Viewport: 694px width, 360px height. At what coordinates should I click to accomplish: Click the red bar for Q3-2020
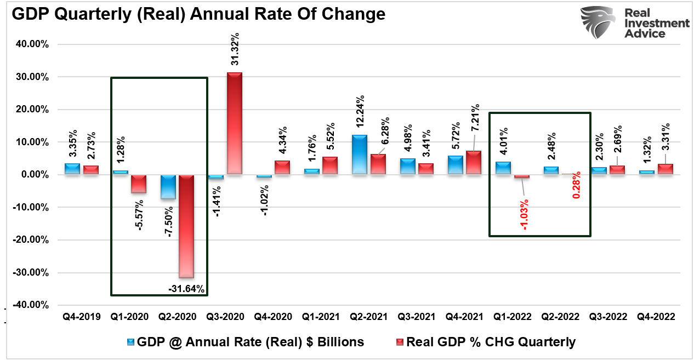coord(235,123)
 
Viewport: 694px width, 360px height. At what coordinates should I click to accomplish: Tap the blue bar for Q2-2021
coord(360,155)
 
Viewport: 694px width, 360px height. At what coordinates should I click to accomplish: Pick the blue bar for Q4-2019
coord(72,169)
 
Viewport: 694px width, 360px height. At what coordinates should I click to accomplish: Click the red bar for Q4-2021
coord(473,163)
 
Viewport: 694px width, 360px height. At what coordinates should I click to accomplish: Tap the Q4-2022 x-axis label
coord(656,317)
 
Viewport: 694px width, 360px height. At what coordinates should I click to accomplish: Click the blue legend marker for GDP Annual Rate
coord(130,342)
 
